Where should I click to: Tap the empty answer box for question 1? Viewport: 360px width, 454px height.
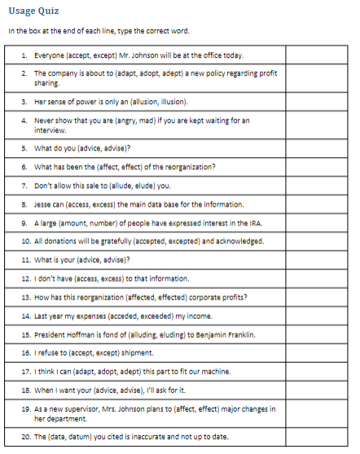tap(317, 55)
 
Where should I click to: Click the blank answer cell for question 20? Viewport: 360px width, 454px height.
tap(317, 438)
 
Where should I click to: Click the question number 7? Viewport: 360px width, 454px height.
tap(25, 186)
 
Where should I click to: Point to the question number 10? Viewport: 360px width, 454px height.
tap(26, 241)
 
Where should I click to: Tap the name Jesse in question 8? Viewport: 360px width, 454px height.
tap(42, 203)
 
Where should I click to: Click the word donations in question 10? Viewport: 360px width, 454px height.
tap(56, 241)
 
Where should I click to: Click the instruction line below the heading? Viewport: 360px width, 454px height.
tap(98, 31)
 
